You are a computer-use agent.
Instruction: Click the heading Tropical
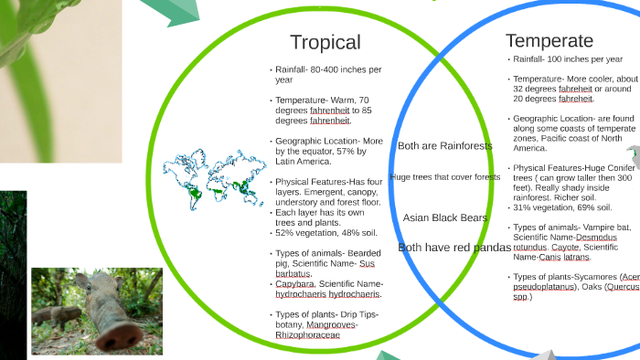point(325,43)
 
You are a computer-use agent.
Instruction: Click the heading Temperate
point(549,41)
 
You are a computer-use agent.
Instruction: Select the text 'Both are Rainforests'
point(445,146)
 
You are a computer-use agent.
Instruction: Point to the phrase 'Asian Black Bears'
point(446,217)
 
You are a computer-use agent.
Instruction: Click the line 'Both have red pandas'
point(453,248)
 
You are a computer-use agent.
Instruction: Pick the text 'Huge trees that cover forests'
point(444,177)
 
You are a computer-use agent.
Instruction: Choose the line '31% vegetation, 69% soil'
point(558,206)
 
